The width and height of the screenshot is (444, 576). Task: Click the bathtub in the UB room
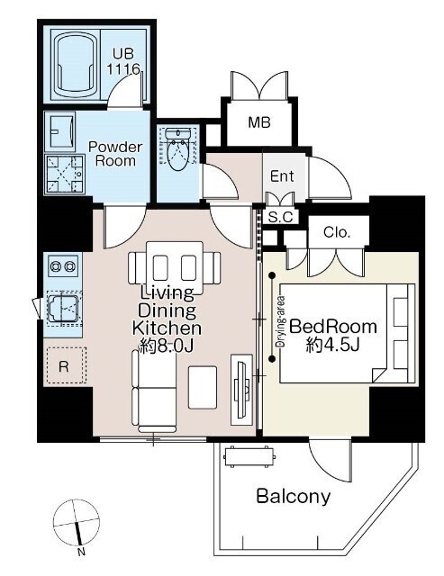(x=76, y=65)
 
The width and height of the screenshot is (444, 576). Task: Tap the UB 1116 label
(x=123, y=61)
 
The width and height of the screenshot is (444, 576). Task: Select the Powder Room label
(x=115, y=154)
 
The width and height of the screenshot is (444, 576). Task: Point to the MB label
(x=259, y=122)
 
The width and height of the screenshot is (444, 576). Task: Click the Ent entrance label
(x=282, y=176)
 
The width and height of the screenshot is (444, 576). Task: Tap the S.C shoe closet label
(x=280, y=218)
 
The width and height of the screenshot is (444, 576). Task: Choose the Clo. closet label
(x=337, y=232)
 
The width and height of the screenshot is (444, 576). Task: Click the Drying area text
(x=282, y=322)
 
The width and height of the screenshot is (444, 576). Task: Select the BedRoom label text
(x=333, y=326)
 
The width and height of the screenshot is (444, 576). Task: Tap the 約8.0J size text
(x=166, y=346)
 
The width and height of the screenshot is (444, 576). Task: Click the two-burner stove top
(x=63, y=265)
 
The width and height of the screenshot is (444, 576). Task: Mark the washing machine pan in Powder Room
(x=65, y=174)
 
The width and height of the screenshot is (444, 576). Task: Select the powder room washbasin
(x=59, y=131)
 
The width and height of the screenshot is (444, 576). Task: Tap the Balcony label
(x=294, y=497)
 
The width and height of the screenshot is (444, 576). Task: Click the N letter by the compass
(x=81, y=552)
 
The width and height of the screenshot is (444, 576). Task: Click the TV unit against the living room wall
(x=241, y=390)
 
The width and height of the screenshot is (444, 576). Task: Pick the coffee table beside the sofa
(x=203, y=387)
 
